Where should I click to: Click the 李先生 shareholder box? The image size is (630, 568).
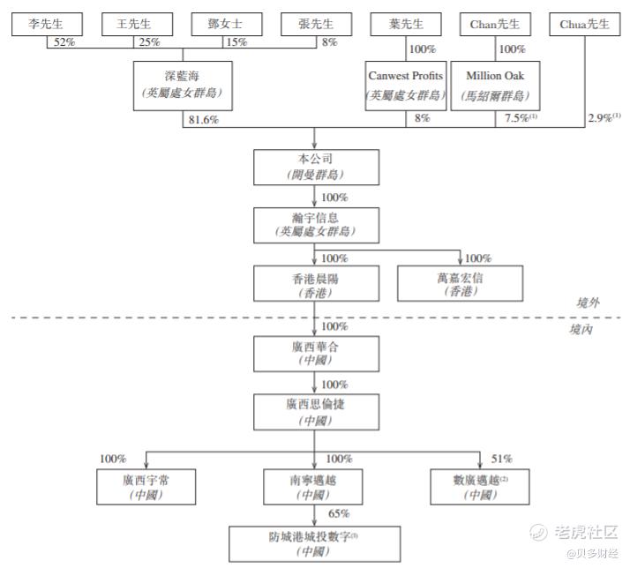pyautogui.click(x=46, y=25)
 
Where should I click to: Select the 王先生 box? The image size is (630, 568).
pyautogui.click(x=134, y=25)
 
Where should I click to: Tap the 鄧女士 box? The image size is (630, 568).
pyautogui.click(x=224, y=25)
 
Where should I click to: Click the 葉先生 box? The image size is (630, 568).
pyautogui.click(x=405, y=25)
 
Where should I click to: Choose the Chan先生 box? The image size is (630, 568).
pyautogui.click(x=495, y=25)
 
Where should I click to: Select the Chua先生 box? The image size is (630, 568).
pyautogui.click(x=584, y=25)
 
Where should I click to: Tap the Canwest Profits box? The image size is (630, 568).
pyautogui.click(x=405, y=85)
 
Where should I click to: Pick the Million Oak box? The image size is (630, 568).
pyautogui.click(x=495, y=85)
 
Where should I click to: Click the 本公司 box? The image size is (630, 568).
pyautogui.click(x=314, y=167)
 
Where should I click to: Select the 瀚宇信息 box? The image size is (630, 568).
pyautogui.click(x=314, y=225)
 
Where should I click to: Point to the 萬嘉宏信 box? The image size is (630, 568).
pyautogui.click(x=460, y=284)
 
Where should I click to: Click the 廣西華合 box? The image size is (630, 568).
pyautogui.click(x=314, y=354)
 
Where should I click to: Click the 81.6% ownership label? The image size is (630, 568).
pyautogui.click(x=203, y=119)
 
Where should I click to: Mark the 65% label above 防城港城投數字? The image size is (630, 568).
pyautogui.click(x=339, y=513)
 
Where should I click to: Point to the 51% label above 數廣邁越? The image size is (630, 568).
pyautogui.click(x=501, y=459)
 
